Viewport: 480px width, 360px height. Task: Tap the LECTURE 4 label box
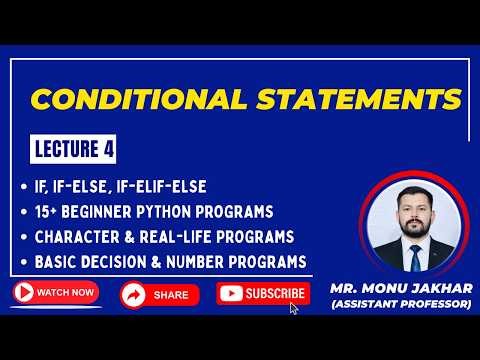(71, 150)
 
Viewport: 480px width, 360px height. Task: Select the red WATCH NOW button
(56, 293)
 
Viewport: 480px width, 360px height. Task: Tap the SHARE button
(159, 295)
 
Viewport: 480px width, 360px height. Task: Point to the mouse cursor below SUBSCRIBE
(294, 308)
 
